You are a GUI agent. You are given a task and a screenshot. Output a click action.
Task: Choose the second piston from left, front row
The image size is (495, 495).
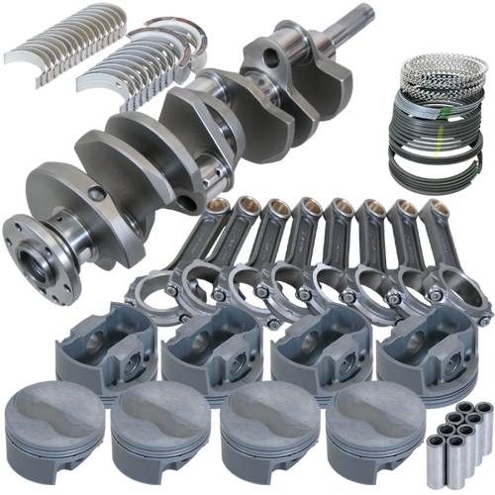pyautogui.click(x=154, y=432)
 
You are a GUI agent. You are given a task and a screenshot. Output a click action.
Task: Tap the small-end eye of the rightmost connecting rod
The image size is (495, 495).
pyautogui.click(x=437, y=210)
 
